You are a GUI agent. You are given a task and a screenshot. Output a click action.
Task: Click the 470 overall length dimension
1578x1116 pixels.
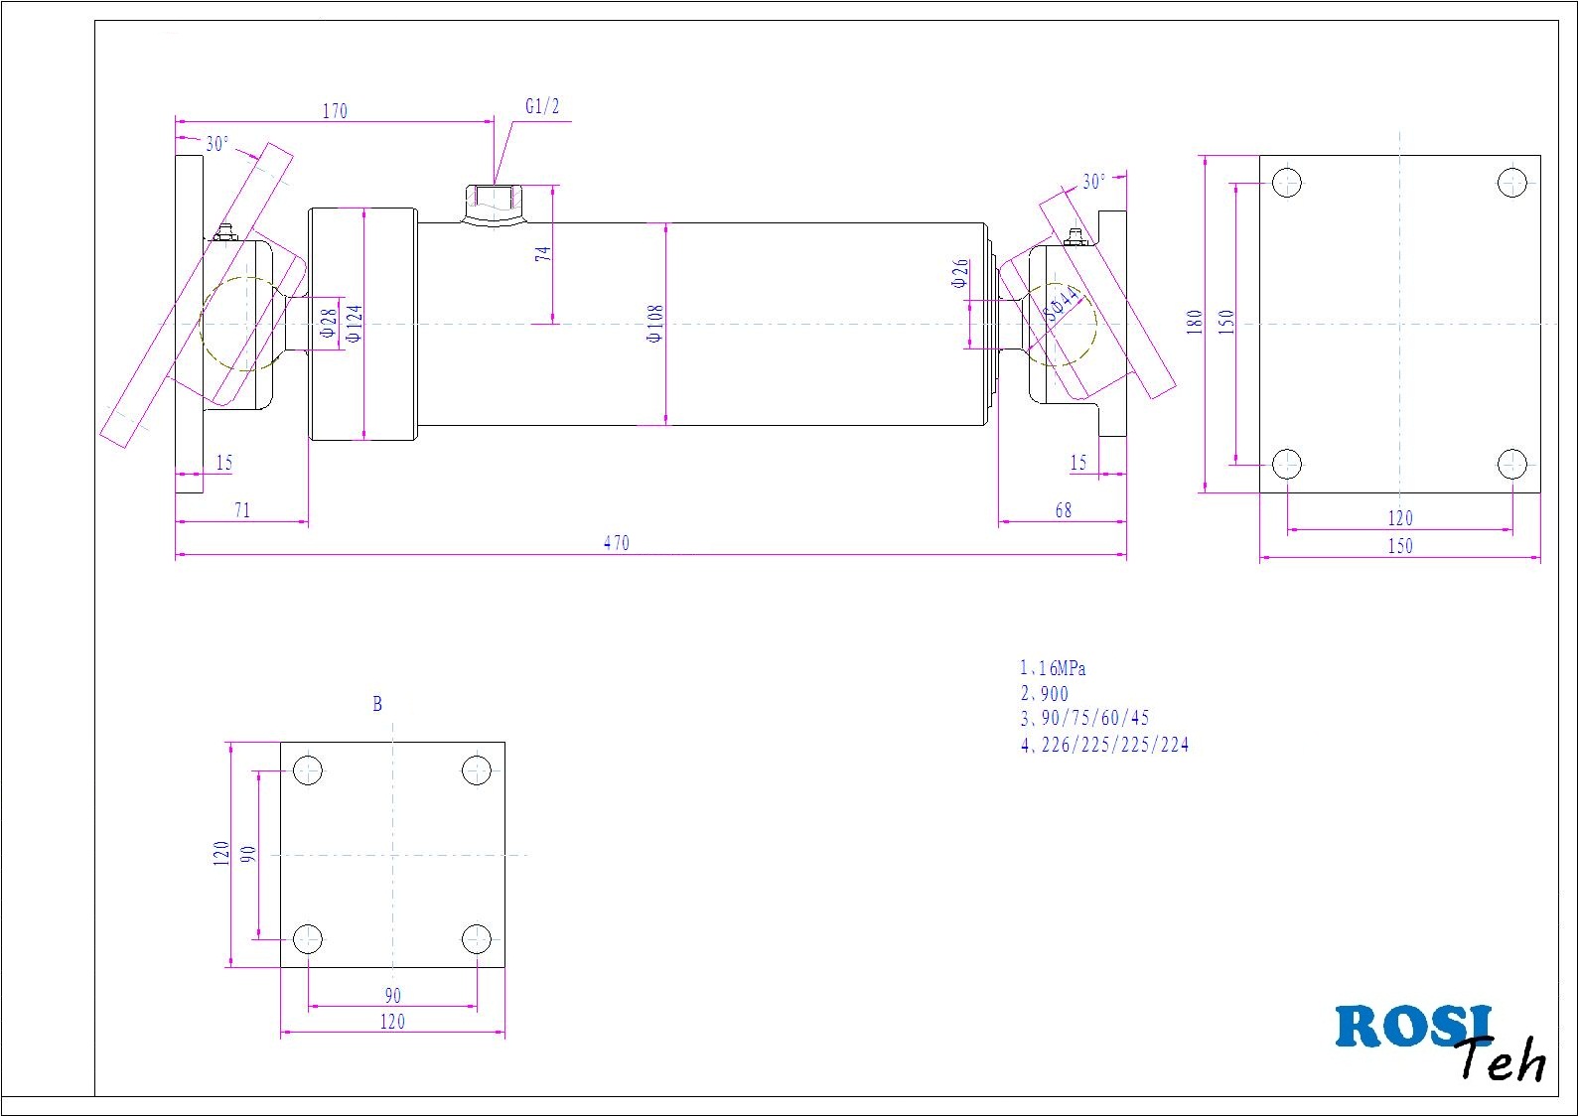pos(616,543)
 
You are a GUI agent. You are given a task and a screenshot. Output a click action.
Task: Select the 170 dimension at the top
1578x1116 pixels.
pos(335,111)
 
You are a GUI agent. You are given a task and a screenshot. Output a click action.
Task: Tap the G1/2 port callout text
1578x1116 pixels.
pos(542,107)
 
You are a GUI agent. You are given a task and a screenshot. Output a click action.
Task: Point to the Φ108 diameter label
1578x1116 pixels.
pos(654,324)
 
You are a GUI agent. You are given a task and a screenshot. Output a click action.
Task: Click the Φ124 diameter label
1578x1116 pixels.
pos(354,324)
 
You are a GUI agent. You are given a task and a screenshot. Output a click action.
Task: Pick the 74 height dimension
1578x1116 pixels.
pos(543,254)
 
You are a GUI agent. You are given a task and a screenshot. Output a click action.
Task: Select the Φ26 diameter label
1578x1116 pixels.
pos(959,273)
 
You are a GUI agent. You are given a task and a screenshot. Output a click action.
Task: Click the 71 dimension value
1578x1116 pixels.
pos(241,510)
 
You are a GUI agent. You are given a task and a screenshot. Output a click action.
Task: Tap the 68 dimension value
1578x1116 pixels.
pos(1063,510)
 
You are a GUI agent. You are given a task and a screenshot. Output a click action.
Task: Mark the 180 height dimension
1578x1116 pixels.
pos(1195,322)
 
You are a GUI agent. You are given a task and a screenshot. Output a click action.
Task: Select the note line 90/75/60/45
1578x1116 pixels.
pos(1084,718)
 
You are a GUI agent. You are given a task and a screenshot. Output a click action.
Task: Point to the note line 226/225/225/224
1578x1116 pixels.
pos(1104,745)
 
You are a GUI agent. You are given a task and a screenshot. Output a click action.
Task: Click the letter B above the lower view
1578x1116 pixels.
pos(377,704)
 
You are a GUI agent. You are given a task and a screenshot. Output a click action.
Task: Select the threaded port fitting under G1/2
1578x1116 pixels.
pos(493,206)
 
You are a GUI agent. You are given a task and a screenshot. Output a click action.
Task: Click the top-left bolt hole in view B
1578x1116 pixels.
pos(308,770)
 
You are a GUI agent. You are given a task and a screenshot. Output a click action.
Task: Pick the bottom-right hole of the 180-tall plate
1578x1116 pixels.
pos(1511,464)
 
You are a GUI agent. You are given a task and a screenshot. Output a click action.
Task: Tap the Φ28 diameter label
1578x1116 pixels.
pos(329,324)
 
